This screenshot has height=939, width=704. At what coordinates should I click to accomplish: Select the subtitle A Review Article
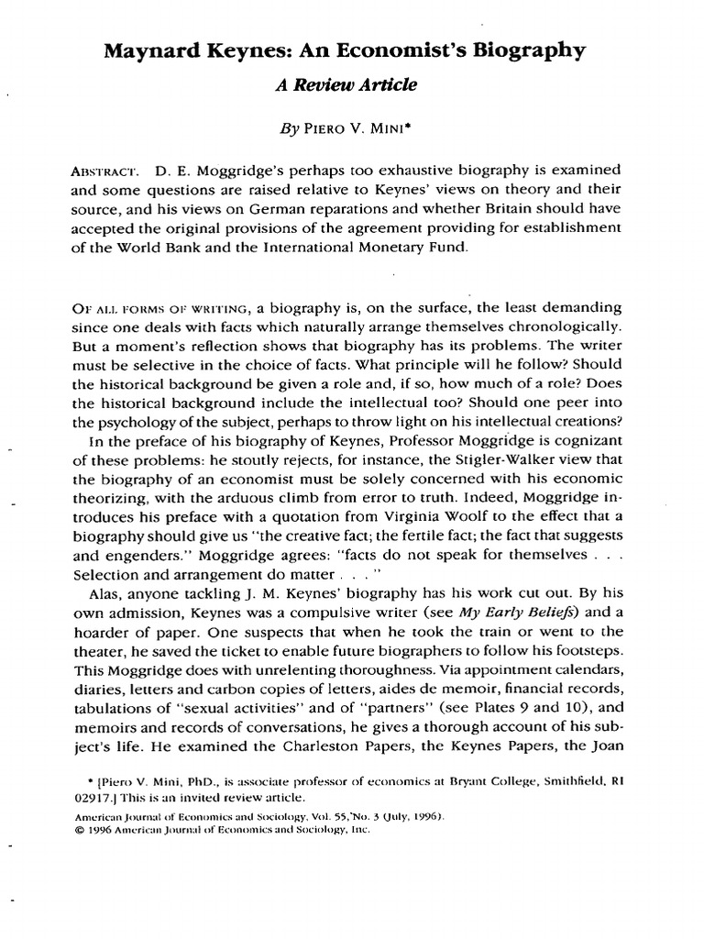346,85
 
